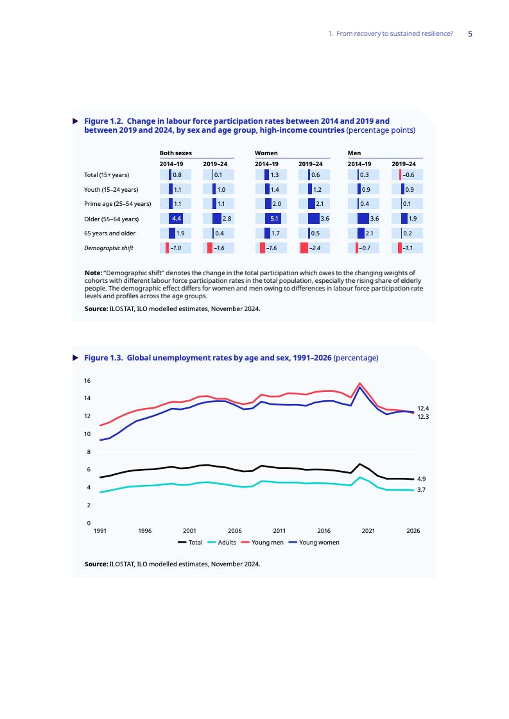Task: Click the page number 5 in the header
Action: coord(470,34)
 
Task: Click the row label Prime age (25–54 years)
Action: coord(117,204)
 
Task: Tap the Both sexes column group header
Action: coord(175,154)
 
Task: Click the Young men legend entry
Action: coord(267,543)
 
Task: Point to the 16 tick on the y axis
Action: coord(87,381)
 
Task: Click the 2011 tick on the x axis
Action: coord(279,531)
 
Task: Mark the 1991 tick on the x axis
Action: coord(99,531)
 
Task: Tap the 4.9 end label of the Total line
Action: coord(422,479)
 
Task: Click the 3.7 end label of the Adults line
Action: coord(422,490)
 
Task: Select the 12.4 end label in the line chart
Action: coord(423,408)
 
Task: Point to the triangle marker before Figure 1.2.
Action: coord(75,121)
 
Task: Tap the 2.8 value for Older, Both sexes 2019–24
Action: coord(227,219)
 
